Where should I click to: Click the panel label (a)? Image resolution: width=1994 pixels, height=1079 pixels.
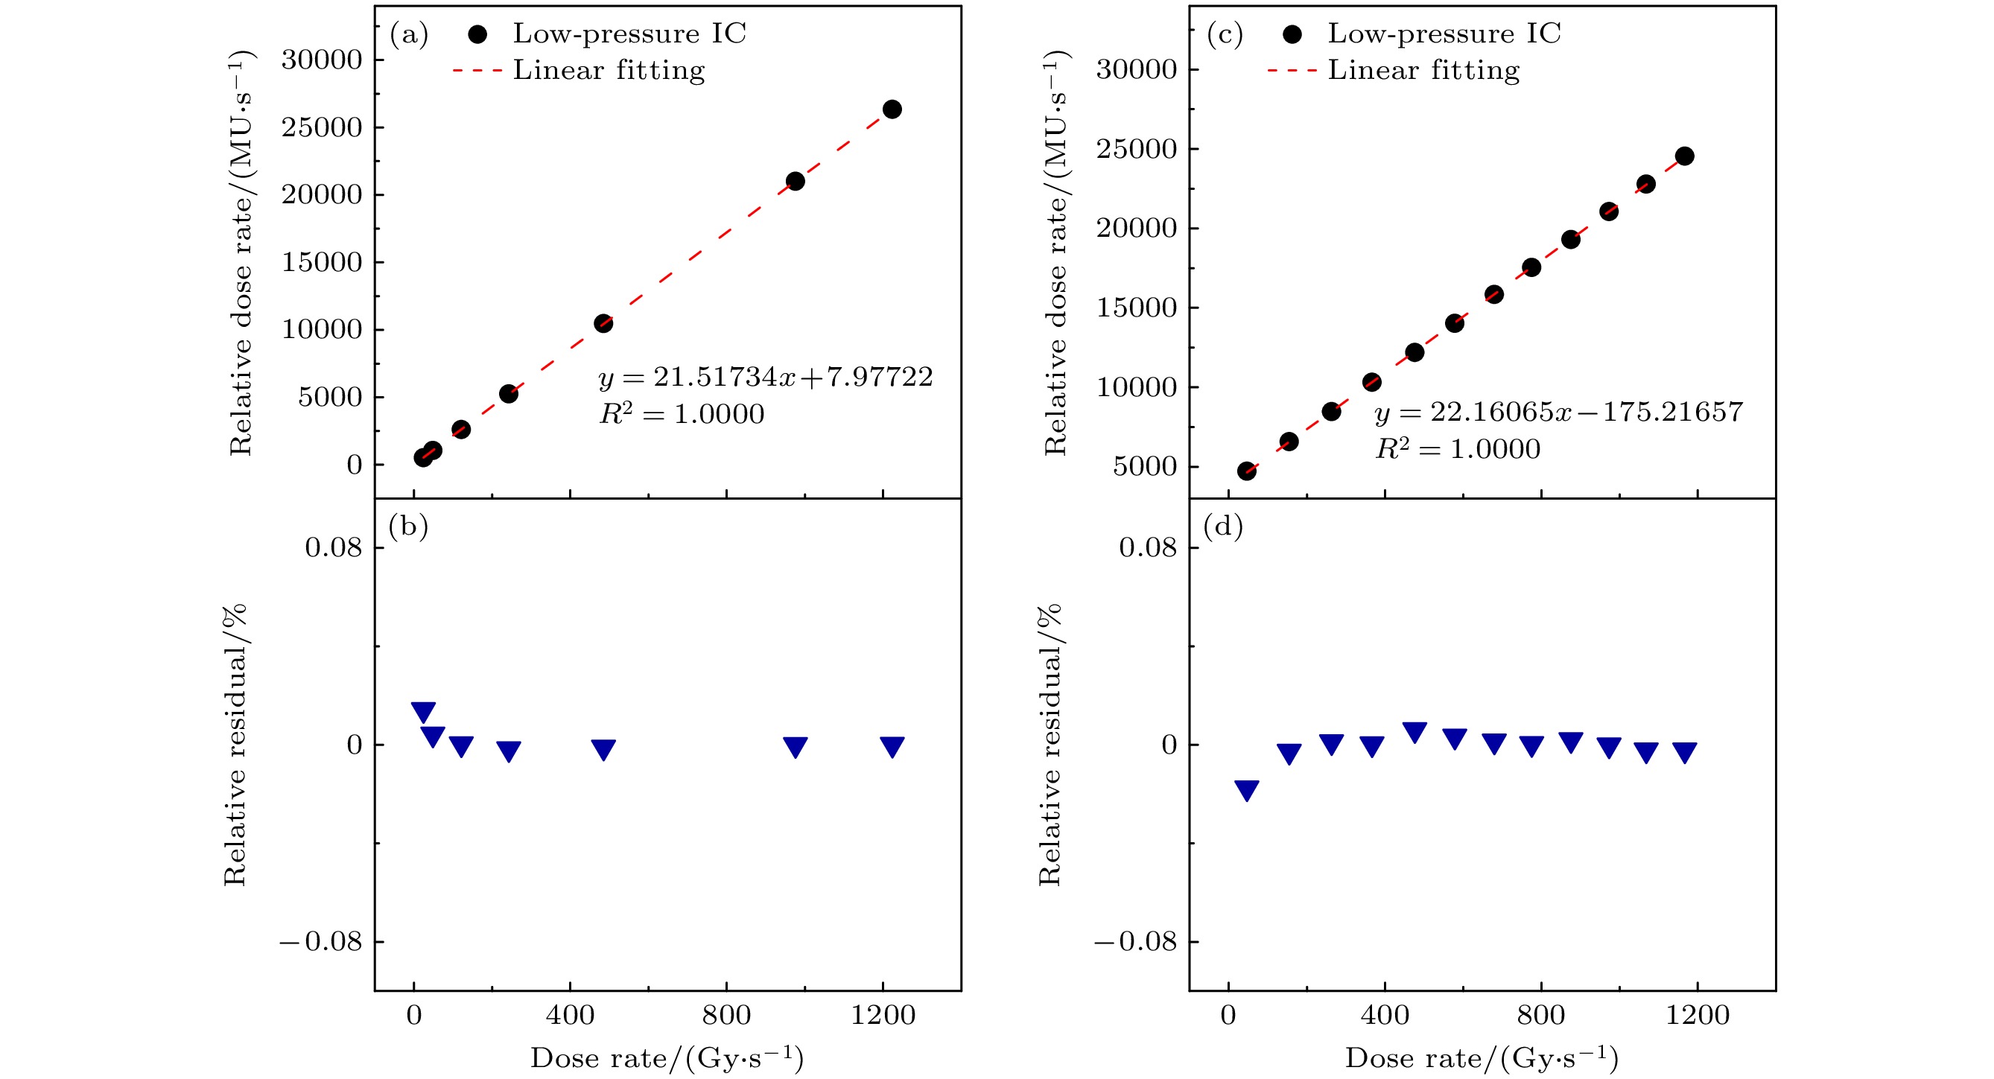pyautogui.click(x=409, y=35)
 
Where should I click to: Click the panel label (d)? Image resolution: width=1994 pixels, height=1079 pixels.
pyautogui.click(x=1223, y=526)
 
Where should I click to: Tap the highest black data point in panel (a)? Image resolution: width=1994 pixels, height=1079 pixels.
pyautogui.click(x=892, y=109)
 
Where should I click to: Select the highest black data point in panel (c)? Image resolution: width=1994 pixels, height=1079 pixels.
pyautogui.click(x=1684, y=156)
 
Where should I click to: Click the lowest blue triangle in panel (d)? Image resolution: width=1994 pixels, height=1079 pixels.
pyautogui.click(x=1246, y=789)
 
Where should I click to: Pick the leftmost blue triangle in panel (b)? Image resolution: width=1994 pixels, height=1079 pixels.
pyautogui.click(x=423, y=711)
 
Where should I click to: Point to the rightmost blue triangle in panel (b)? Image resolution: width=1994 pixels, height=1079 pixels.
pyautogui.click(x=892, y=746)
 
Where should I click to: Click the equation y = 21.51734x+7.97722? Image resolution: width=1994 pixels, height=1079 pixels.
pyautogui.click(x=766, y=377)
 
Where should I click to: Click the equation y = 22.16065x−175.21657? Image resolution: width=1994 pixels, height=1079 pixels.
pyautogui.click(x=1558, y=412)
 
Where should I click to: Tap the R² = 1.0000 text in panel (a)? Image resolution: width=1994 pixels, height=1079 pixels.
pyautogui.click(x=682, y=414)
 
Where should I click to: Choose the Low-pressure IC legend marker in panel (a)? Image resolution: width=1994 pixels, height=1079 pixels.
pyautogui.click(x=477, y=34)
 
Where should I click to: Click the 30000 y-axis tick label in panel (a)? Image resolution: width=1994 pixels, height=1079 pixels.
pyautogui.click(x=321, y=60)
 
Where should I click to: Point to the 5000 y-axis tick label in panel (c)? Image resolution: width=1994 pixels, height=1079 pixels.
pyautogui.click(x=1144, y=467)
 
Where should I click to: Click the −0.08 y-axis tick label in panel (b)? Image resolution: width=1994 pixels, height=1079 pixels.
pyautogui.click(x=320, y=942)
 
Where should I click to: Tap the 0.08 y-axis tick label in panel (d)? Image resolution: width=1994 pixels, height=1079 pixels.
pyautogui.click(x=1147, y=548)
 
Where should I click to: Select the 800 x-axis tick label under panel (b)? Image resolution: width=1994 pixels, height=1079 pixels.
pyautogui.click(x=726, y=1015)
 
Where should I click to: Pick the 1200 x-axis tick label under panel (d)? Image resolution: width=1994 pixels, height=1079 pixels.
pyautogui.click(x=1697, y=1015)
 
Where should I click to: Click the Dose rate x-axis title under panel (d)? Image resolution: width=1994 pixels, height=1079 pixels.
pyautogui.click(x=1482, y=1058)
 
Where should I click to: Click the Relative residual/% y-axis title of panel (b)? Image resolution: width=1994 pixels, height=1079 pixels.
pyautogui.click(x=235, y=745)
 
